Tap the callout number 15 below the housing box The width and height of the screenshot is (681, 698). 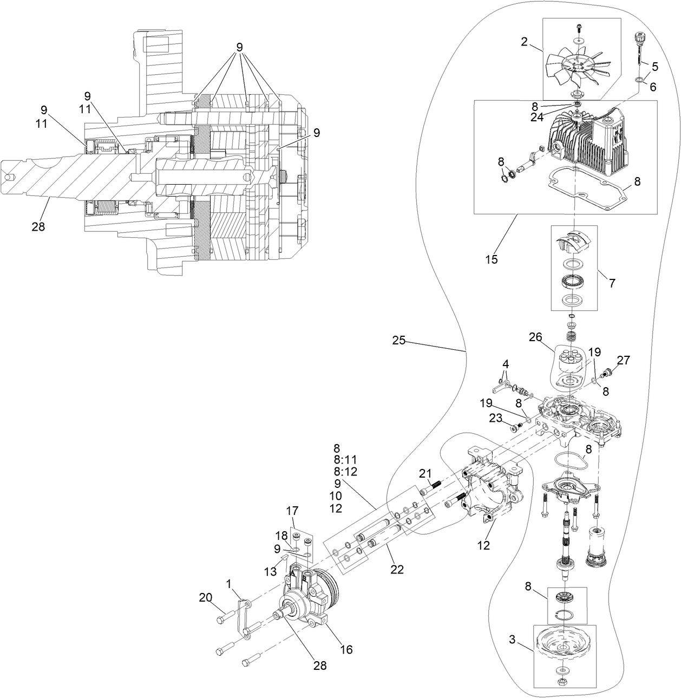[x=491, y=259]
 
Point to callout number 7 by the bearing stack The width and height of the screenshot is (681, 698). [x=612, y=283]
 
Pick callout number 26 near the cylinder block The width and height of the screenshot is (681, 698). [x=535, y=337]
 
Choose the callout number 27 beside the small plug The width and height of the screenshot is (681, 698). [x=623, y=360]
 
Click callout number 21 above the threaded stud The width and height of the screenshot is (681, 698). [x=425, y=473]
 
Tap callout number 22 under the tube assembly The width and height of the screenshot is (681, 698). [x=397, y=569]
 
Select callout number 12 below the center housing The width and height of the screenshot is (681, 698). [x=483, y=545]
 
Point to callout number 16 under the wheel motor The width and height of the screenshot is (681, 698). [x=346, y=649]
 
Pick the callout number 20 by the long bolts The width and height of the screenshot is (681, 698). [x=205, y=597]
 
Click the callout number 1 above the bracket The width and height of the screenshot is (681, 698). [x=229, y=584]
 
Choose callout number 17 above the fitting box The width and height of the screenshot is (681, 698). [x=292, y=511]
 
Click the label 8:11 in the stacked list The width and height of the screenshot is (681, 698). [x=345, y=460]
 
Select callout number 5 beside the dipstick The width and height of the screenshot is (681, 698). [x=654, y=67]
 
